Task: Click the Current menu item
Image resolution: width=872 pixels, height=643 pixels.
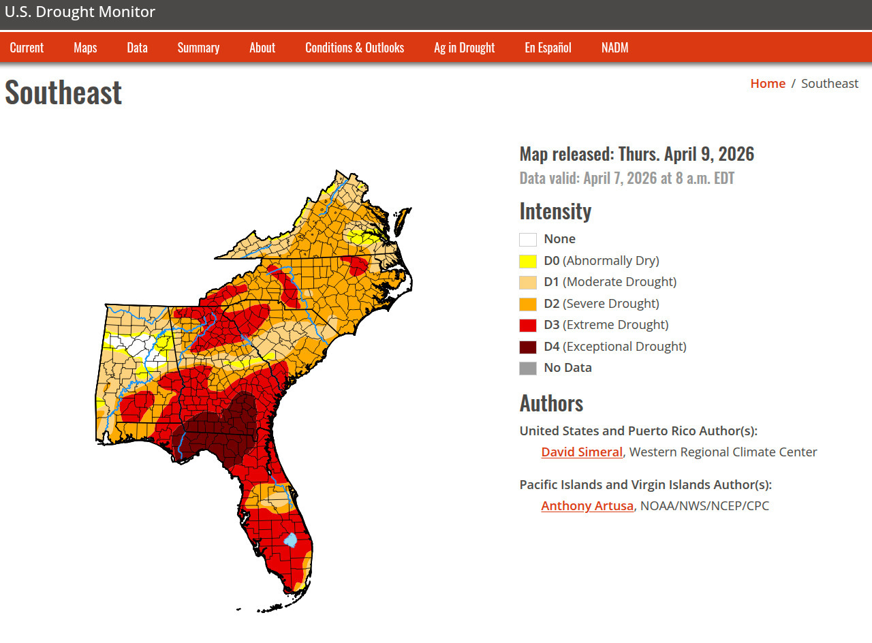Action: (27, 48)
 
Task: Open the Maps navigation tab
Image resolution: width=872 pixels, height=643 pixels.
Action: (85, 48)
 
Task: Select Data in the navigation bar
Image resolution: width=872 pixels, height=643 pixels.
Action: (137, 48)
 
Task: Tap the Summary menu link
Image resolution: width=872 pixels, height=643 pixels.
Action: (198, 48)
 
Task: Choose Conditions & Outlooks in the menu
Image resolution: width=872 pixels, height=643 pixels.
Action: (354, 48)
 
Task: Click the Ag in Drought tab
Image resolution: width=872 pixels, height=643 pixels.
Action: (464, 48)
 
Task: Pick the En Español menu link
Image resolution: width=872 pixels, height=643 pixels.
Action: (548, 48)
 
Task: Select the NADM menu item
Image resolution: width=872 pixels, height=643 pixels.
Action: (614, 48)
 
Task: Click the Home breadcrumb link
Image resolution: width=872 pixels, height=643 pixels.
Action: (767, 83)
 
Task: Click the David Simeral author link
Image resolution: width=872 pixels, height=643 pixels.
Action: (582, 452)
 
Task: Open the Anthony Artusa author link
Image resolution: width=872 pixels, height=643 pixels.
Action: (587, 505)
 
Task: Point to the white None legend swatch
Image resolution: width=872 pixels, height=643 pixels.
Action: (528, 239)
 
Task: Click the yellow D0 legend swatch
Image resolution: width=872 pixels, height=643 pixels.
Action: (528, 261)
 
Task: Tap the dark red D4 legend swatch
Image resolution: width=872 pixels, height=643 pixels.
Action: (528, 347)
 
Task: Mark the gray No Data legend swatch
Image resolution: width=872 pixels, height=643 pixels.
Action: (528, 368)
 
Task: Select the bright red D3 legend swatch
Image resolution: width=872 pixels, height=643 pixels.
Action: (528, 325)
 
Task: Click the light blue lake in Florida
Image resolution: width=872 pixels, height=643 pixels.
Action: (291, 540)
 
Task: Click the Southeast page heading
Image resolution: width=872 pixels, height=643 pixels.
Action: (63, 92)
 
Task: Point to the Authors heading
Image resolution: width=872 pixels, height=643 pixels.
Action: (551, 403)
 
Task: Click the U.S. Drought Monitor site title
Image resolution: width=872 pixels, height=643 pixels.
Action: (80, 12)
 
